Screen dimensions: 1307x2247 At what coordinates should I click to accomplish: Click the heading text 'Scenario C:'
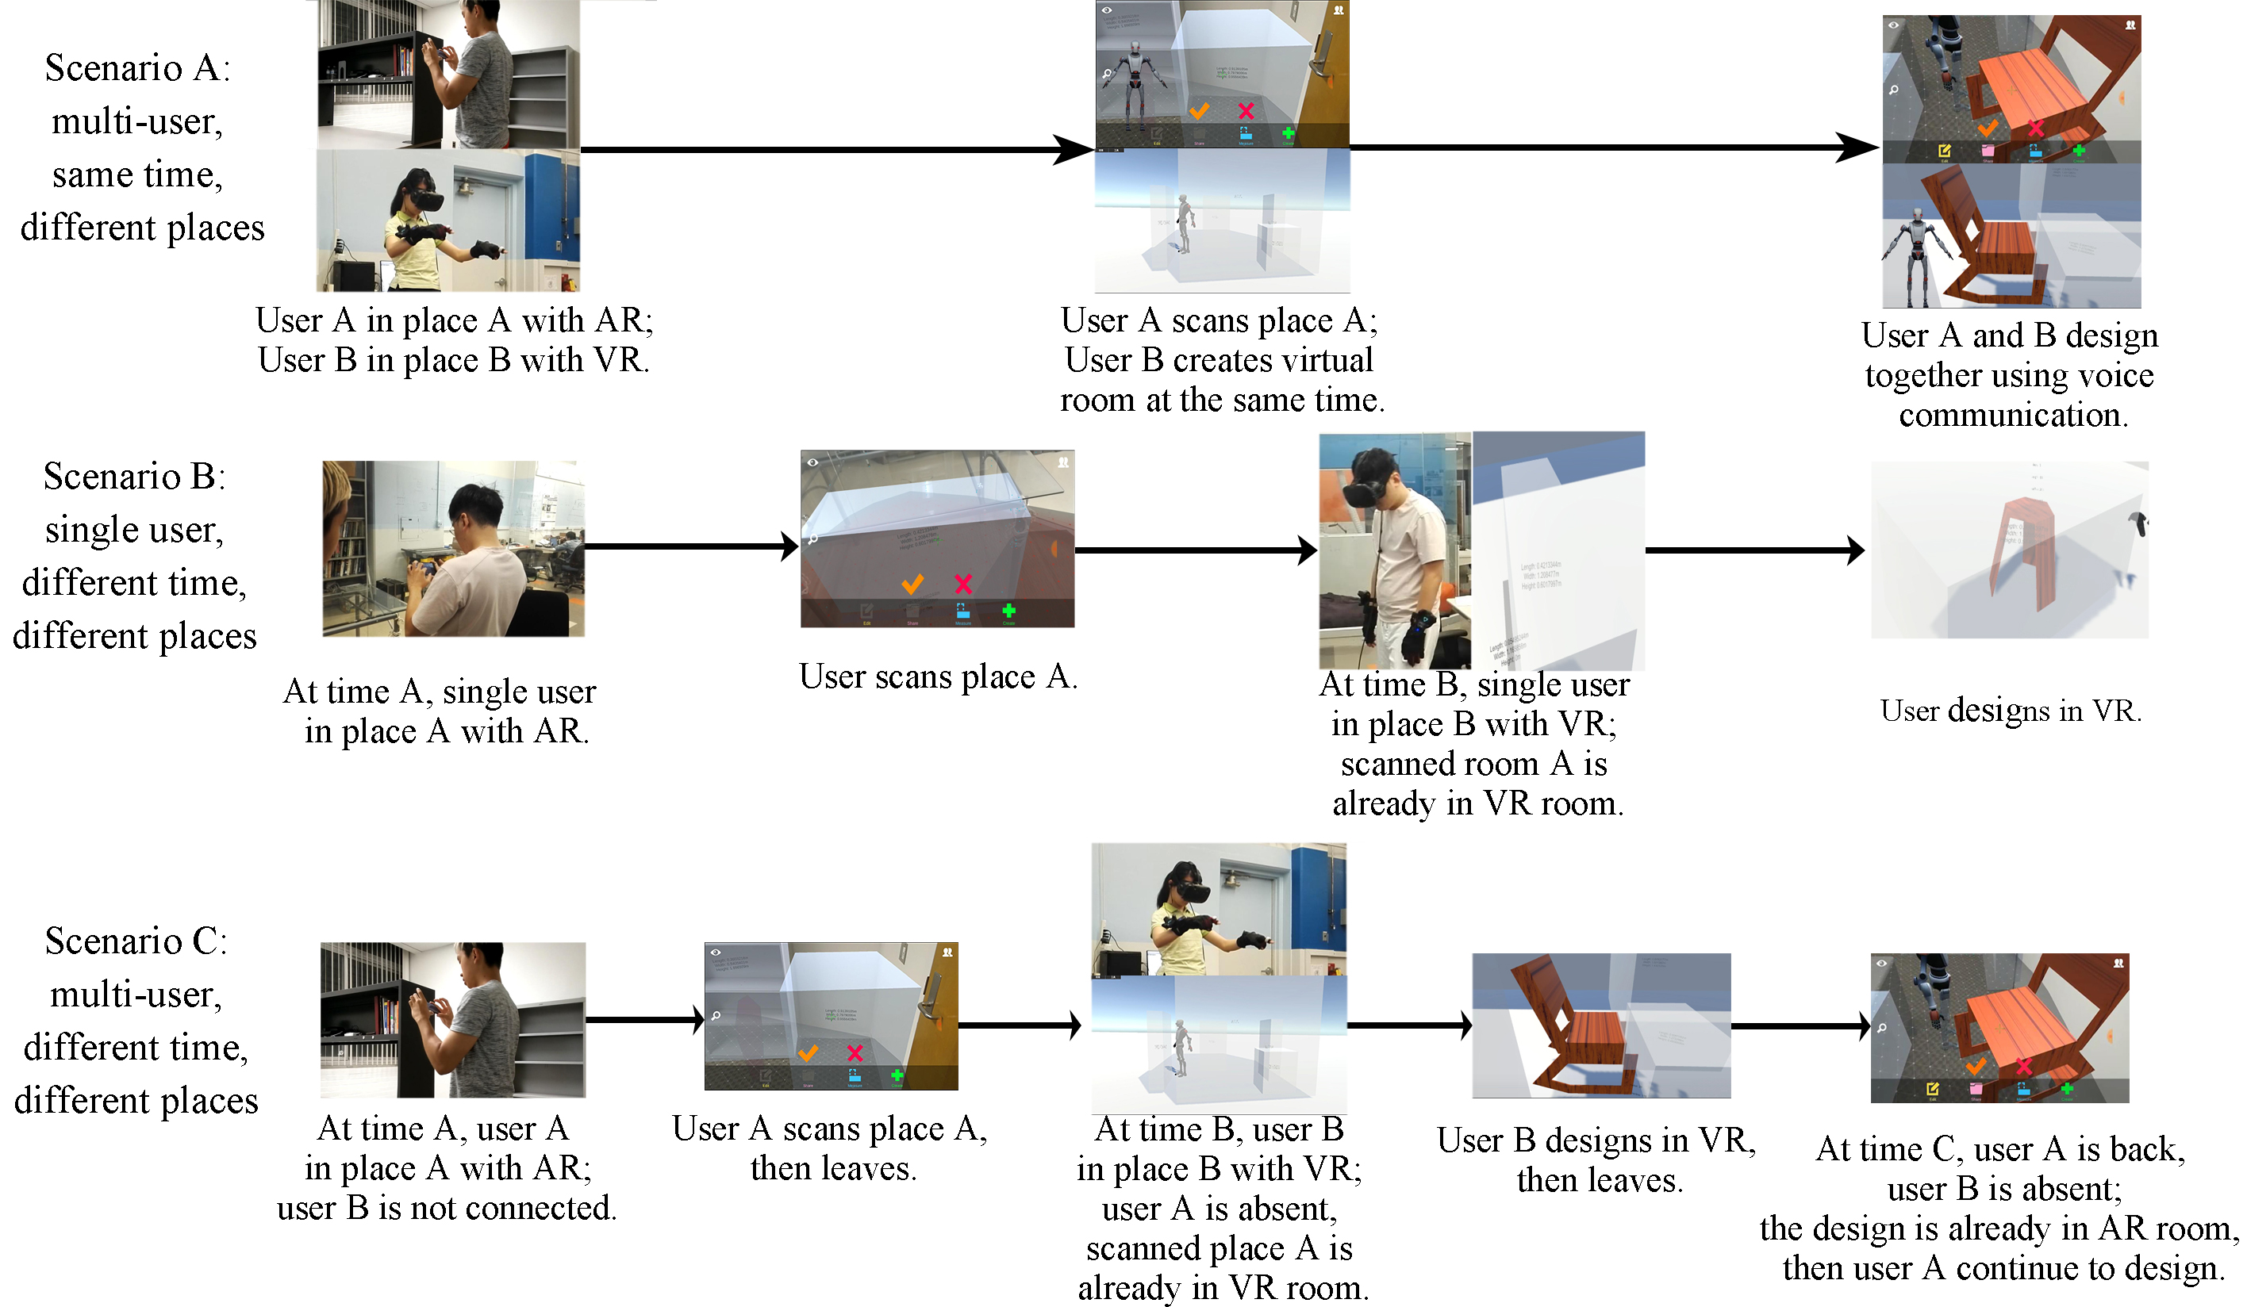(x=136, y=941)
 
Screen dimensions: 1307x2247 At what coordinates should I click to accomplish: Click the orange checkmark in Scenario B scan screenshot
(x=912, y=585)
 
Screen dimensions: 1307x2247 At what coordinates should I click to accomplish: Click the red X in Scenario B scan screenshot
(x=963, y=585)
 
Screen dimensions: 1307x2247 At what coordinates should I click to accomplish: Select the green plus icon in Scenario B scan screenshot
(x=1008, y=611)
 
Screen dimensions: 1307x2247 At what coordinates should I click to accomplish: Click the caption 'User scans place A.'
(x=938, y=676)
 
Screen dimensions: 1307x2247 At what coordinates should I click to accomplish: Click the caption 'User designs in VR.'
(x=2010, y=711)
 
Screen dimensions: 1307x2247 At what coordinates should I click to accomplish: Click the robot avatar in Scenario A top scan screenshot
(x=1133, y=76)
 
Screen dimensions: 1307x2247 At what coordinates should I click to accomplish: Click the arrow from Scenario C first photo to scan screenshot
(x=646, y=1019)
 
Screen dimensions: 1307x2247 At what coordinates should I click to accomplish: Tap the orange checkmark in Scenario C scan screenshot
(x=808, y=1054)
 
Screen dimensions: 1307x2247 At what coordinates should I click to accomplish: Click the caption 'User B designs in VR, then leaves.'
(x=1596, y=1160)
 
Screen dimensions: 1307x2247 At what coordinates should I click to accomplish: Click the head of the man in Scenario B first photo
(x=473, y=512)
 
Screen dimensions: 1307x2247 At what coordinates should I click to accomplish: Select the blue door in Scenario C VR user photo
(x=1318, y=910)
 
